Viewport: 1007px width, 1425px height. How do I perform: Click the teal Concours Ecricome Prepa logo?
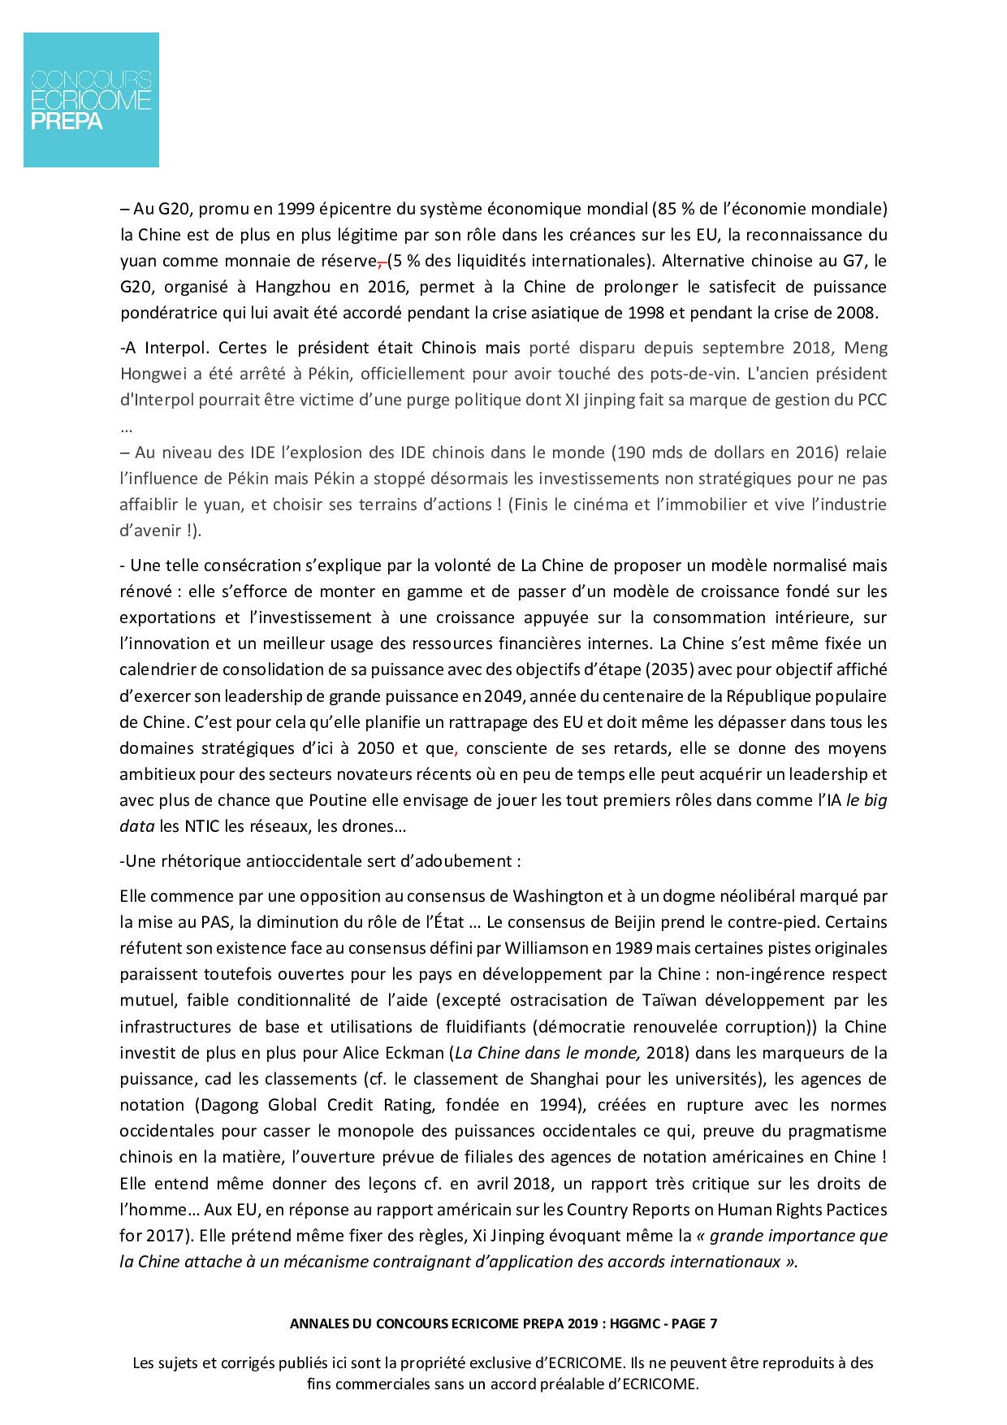point(91,100)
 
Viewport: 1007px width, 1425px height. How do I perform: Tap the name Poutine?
point(338,800)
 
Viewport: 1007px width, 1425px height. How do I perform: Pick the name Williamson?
point(545,948)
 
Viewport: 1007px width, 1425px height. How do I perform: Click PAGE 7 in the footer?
point(694,1323)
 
